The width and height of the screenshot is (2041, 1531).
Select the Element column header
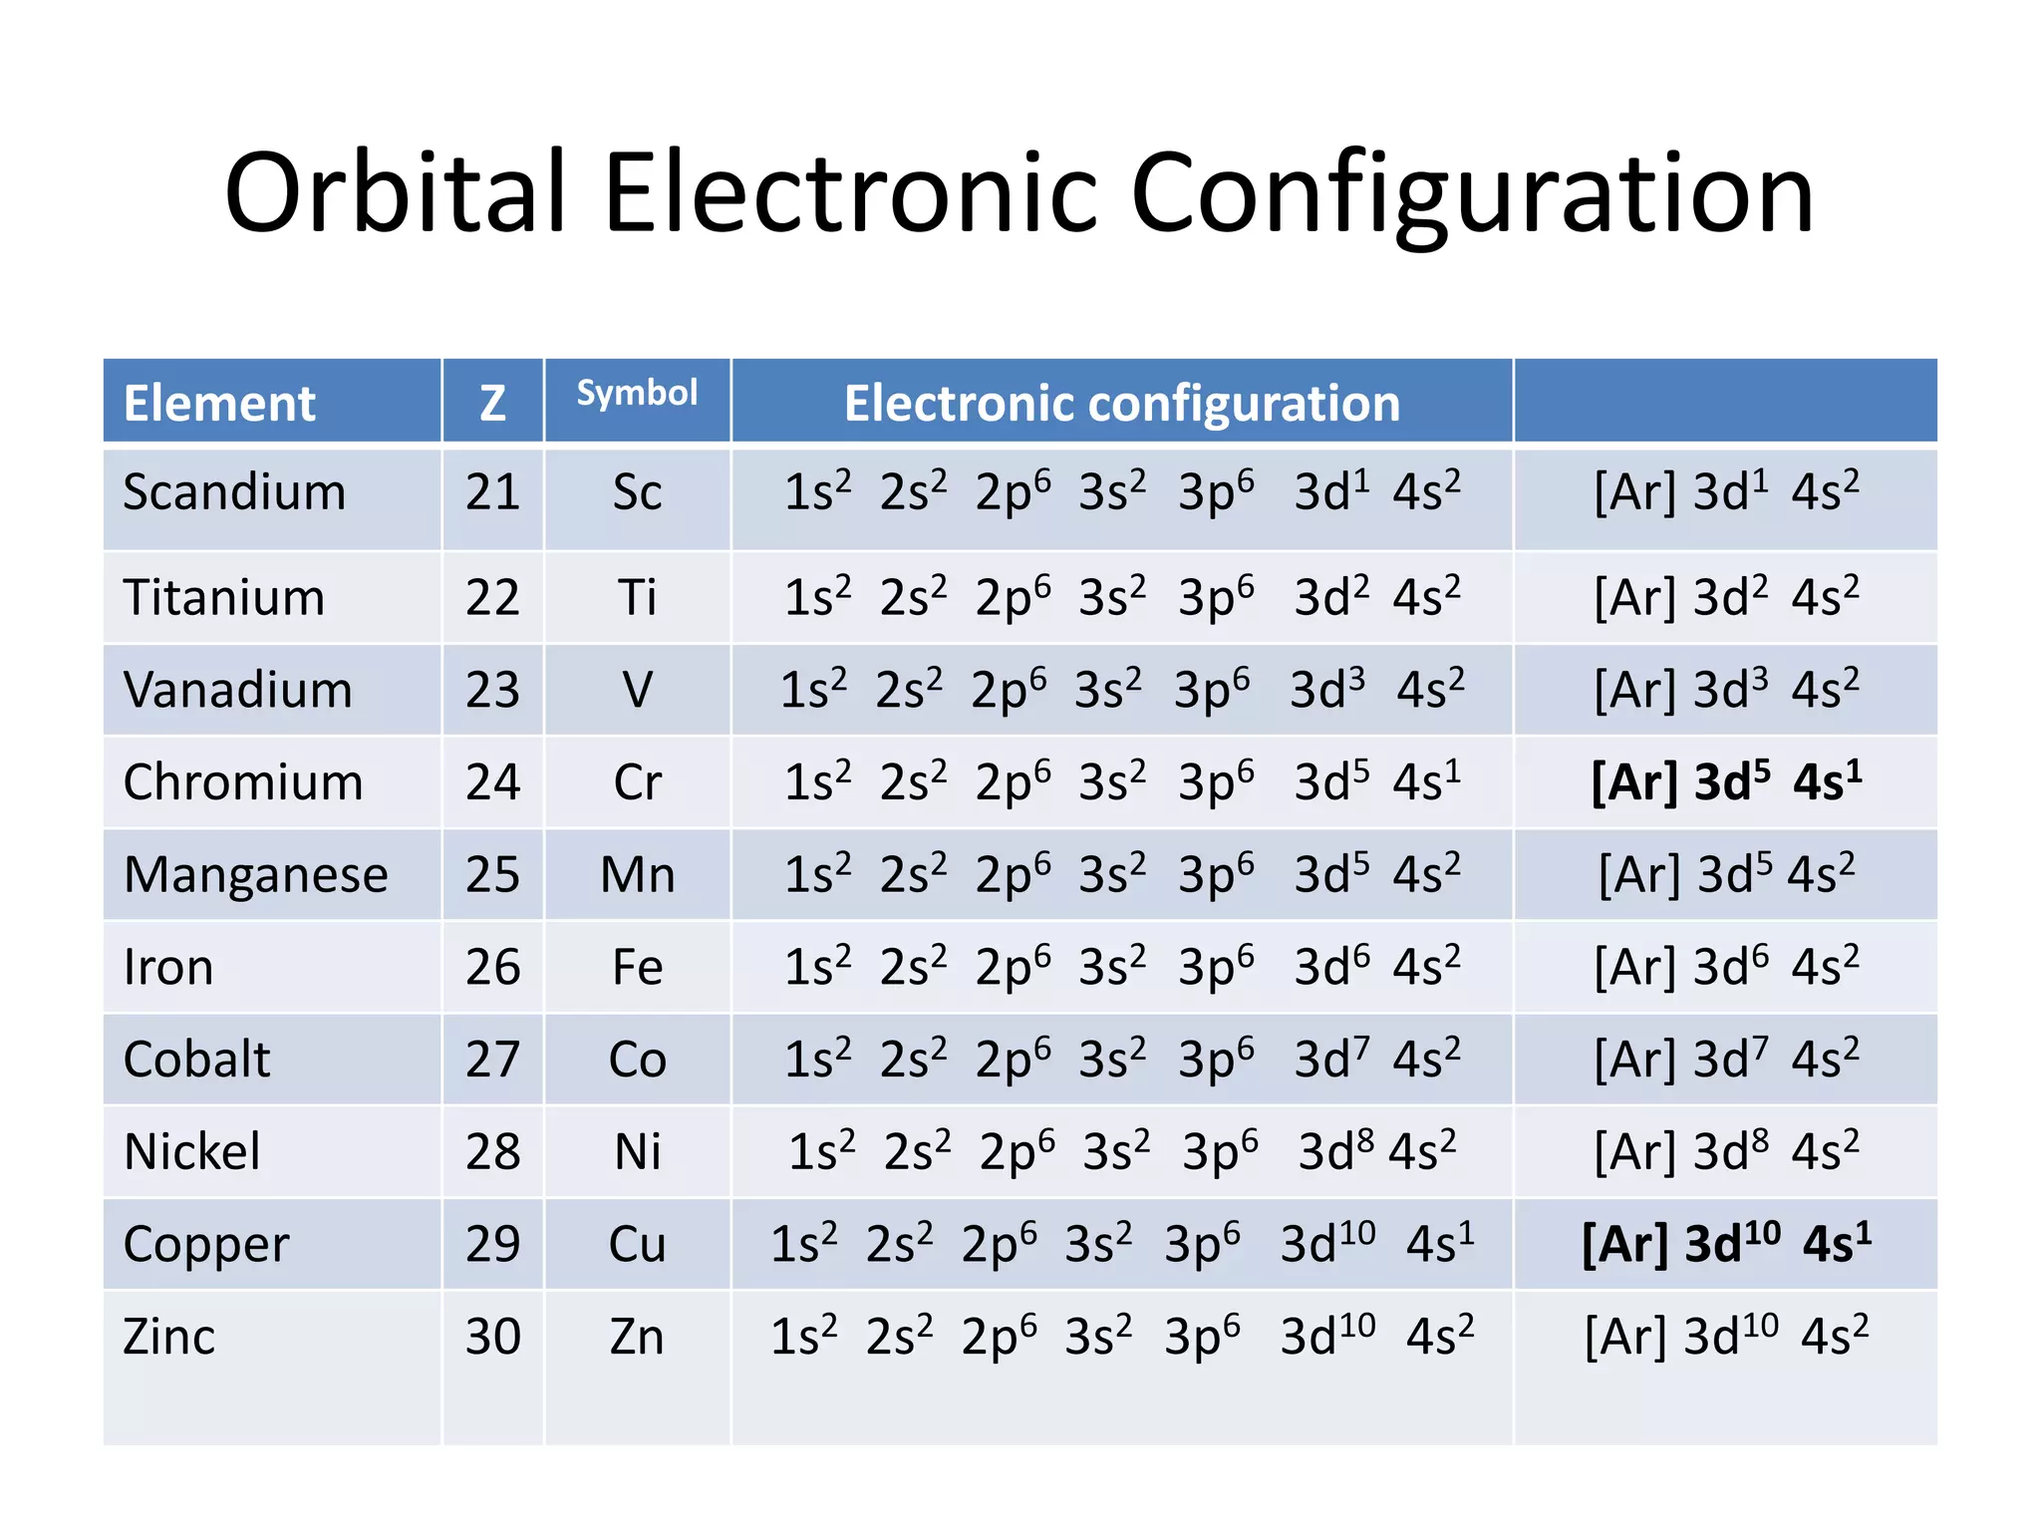click(219, 403)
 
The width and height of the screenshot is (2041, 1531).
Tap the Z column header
click(492, 403)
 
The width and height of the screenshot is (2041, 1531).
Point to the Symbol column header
click(637, 393)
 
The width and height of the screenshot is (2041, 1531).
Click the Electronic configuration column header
click(1121, 403)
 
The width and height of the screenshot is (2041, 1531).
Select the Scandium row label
click(234, 492)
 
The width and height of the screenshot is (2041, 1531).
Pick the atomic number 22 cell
click(492, 598)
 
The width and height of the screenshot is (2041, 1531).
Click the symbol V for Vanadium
click(637, 690)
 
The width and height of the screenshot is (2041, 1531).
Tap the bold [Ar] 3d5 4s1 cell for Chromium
click(1725, 781)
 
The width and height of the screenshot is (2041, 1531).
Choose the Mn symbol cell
click(637, 875)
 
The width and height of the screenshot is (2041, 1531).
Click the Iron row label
click(168, 967)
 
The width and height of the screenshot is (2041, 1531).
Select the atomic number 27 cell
click(492, 1060)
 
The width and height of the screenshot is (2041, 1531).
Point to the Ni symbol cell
click(637, 1152)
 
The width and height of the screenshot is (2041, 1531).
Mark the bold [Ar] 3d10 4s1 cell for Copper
click(1725, 1244)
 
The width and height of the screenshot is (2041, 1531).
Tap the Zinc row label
click(168, 1337)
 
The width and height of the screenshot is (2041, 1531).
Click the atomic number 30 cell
click(492, 1337)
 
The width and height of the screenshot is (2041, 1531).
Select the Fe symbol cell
click(637, 967)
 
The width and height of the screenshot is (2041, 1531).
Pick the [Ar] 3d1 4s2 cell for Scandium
click(1725, 492)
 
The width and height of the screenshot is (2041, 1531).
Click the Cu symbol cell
click(637, 1244)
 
